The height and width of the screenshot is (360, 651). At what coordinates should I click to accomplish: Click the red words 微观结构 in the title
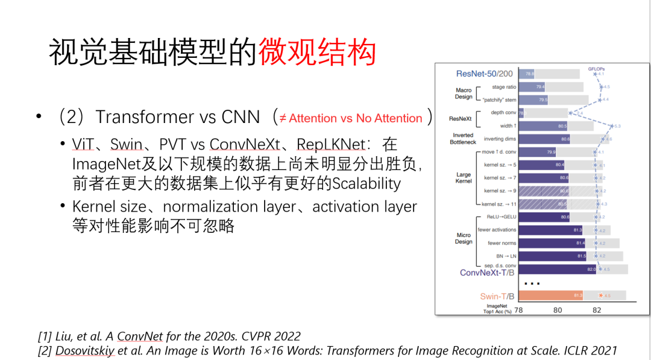pos(317,53)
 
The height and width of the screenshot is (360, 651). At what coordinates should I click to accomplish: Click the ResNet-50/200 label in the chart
pos(484,74)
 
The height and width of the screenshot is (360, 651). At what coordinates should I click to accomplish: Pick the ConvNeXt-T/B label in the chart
pos(488,273)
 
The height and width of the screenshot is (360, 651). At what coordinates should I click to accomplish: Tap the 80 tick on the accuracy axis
pos(558,310)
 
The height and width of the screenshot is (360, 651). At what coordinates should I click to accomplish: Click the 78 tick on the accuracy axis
pos(518,310)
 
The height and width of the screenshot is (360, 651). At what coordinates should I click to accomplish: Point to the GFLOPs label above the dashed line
pos(597,69)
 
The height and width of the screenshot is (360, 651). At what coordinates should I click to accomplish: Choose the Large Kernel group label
pos(463,177)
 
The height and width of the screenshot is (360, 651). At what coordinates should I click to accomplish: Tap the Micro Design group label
pos(463,238)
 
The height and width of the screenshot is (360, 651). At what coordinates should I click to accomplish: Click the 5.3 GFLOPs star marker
pos(612,126)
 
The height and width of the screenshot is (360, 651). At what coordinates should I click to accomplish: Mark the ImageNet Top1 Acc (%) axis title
pos(497,309)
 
